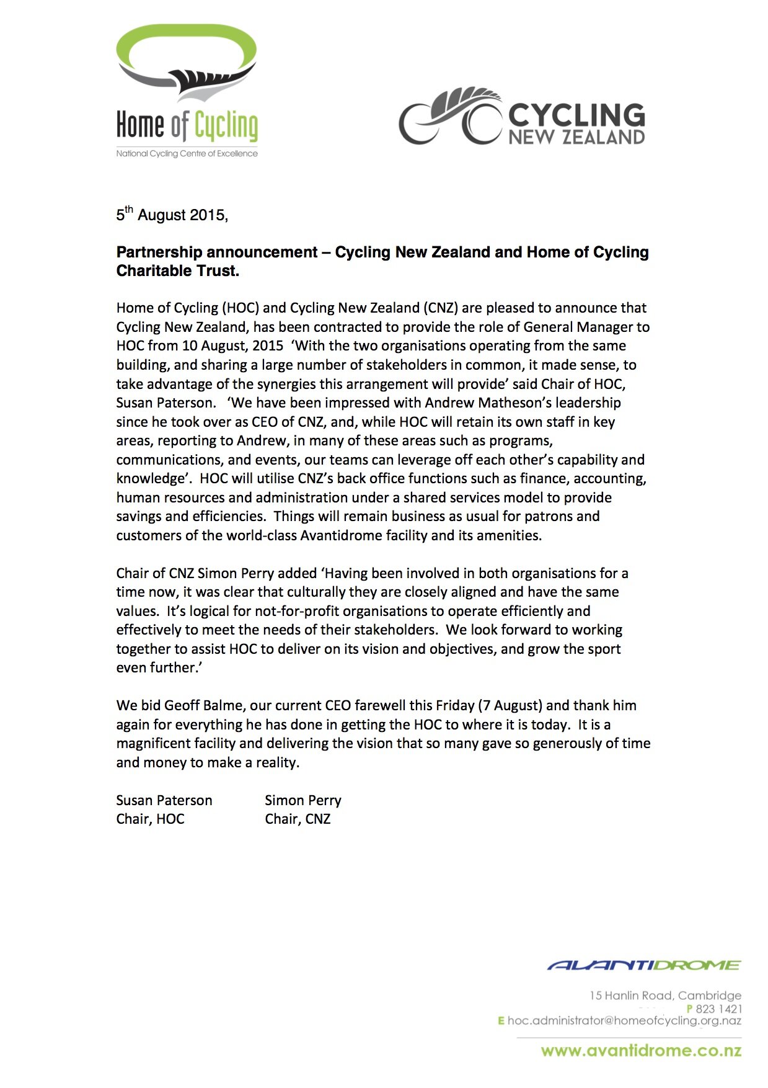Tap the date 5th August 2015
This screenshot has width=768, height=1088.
(172, 215)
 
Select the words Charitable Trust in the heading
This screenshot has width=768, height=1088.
(177, 271)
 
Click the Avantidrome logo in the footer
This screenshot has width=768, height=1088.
(644, 965)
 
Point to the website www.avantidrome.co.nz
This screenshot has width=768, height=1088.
(641, 1050)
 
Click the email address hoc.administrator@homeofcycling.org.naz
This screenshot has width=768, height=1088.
(624, 1020)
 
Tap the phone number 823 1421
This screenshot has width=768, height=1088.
(718, 1009)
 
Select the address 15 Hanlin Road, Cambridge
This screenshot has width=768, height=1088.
(665, 995)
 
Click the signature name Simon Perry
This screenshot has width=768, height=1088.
(302, 800)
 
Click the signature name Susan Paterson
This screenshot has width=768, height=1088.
(164, 800)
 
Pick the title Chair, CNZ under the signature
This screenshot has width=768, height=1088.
(298, 819)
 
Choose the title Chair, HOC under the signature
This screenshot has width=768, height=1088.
(150, 819)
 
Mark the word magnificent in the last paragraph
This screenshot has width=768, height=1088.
(155, 743)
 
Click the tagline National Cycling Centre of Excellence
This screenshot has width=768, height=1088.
(187, 153)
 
